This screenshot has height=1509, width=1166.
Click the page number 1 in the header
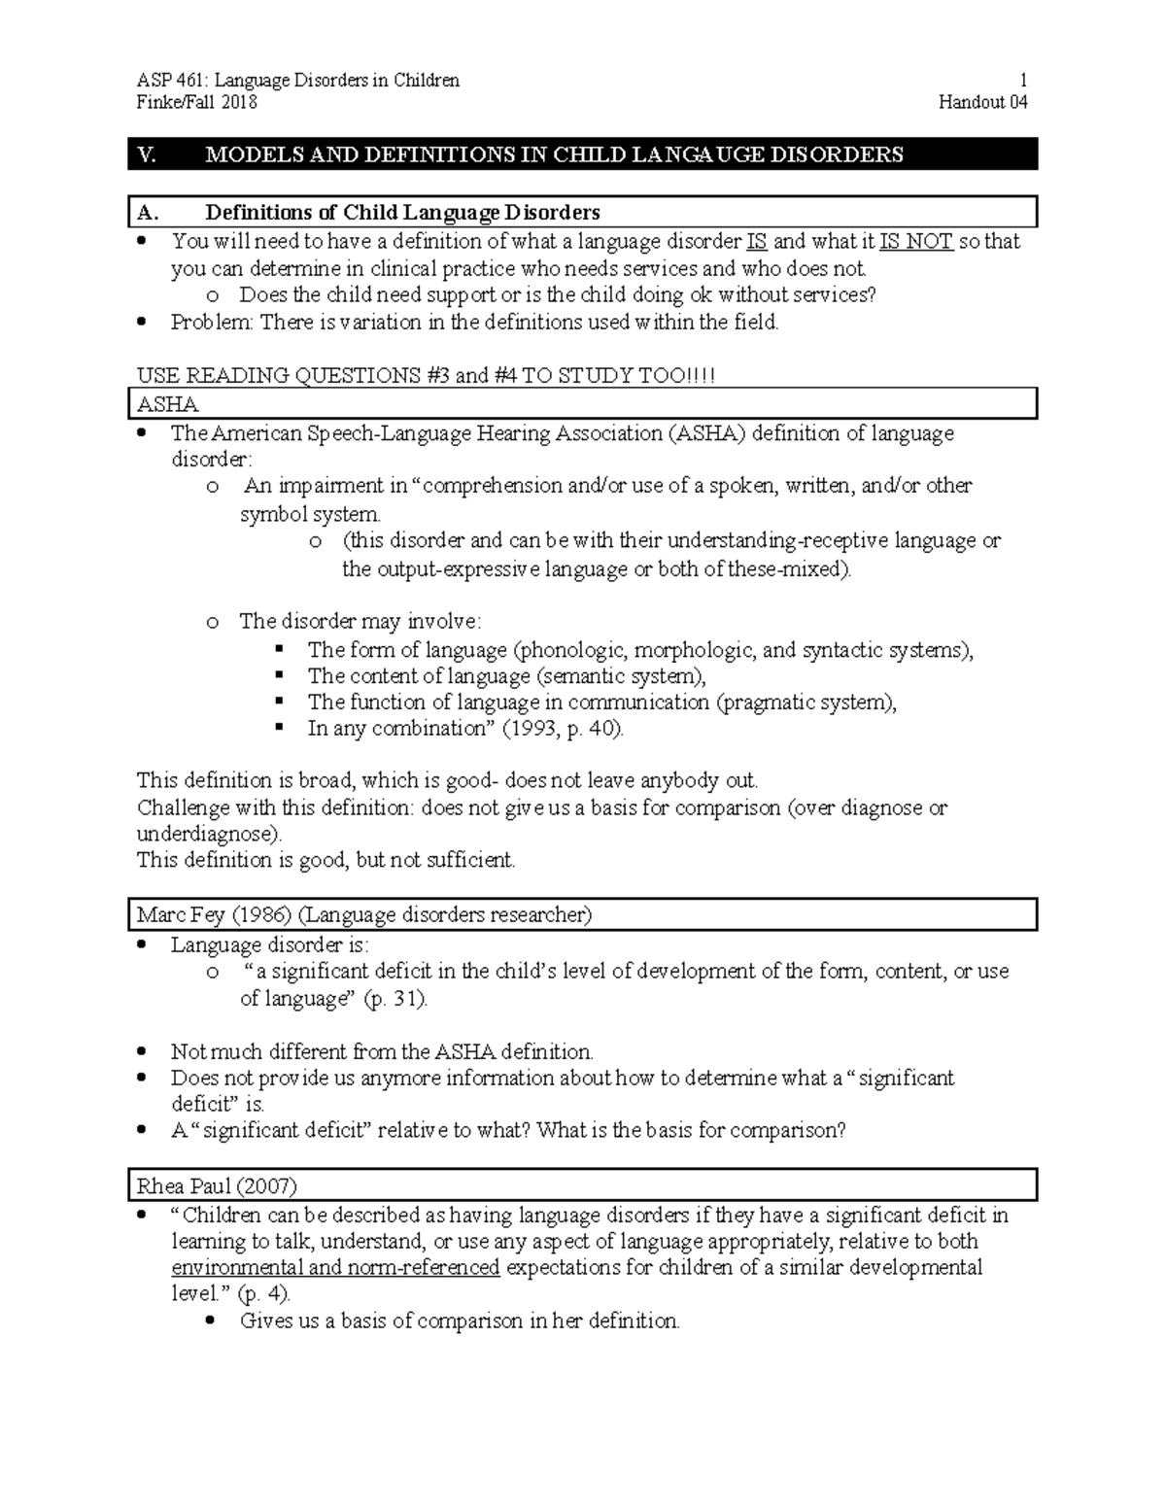click(1023, 81)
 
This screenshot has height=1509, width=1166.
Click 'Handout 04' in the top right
click(982, 103)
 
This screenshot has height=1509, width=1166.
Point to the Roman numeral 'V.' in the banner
click(148, 154)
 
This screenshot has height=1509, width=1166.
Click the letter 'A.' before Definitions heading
click(148, 213)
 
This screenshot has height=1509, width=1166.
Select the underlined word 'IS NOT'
click(915, 242)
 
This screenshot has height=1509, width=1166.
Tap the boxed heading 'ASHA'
click(168, 404)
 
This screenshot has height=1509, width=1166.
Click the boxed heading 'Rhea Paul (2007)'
click(217, 1186)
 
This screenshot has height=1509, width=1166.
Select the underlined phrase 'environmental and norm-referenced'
click(335, 1268)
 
